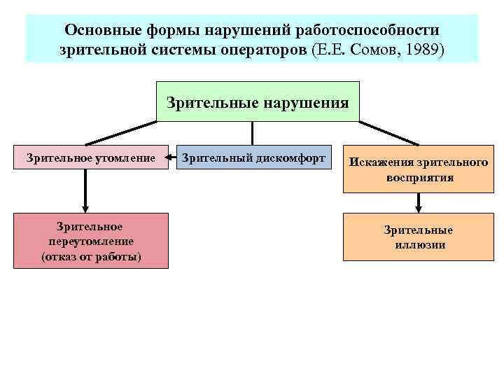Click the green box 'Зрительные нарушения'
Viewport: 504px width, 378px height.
(257, 102)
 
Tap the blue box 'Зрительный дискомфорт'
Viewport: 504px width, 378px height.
(253, 158)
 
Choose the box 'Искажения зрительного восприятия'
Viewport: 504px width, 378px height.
(419, 169)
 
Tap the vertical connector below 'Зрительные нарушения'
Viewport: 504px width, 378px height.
(253, 133)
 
